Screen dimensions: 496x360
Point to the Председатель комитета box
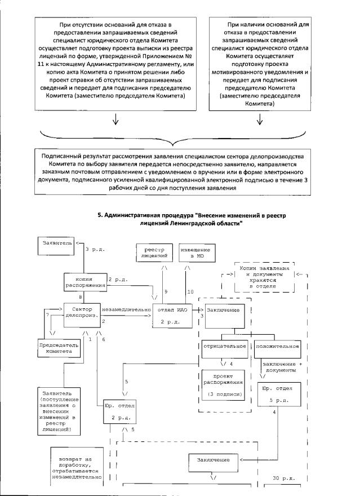56,347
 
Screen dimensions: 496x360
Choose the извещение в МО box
193,253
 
